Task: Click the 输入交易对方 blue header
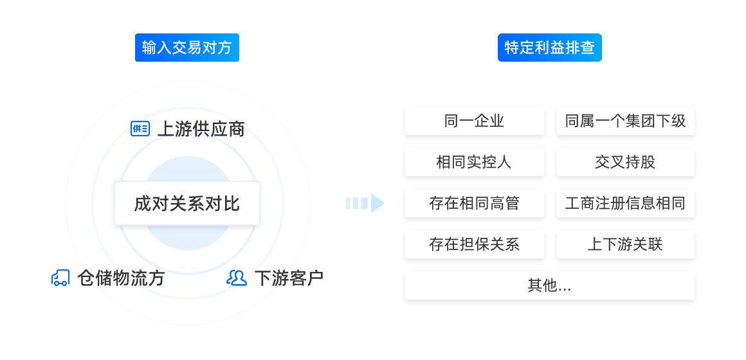tap(186, 48)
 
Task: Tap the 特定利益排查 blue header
tap(549, 48)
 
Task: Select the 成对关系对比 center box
tap(186, 203)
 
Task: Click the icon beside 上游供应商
tap(140, 129)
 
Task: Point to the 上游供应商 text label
tap(201, 129)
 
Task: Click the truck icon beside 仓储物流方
tap(60, 278)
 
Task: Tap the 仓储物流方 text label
tap(121, 278)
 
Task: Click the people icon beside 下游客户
tap(237, 278)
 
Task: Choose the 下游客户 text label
tap(289, 278)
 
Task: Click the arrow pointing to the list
tap(364, 203)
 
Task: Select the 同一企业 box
tap(474, 121)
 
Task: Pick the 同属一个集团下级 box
tap(625, 121)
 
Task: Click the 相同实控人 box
tap(474, 162)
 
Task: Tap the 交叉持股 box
tap(625, 162)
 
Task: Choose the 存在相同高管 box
tap(474, 203)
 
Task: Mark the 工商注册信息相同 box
tap(625, 203)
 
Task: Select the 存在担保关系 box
tap(474, 244)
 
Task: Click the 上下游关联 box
tap(625, 244)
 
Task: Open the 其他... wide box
tap(549, 285)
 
